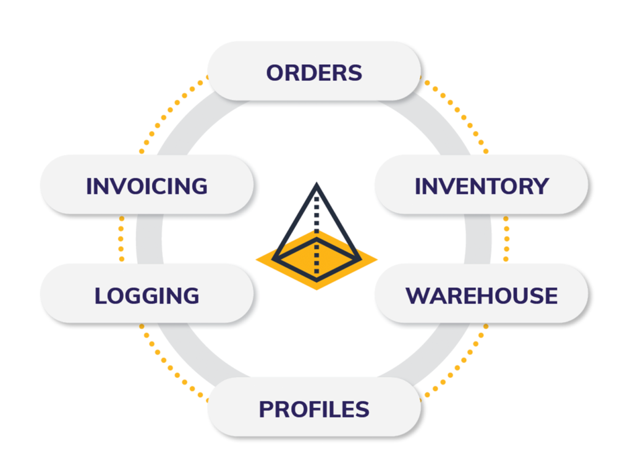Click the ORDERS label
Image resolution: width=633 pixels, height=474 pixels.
click(314, 73)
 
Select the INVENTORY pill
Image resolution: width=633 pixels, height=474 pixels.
click(482, 185)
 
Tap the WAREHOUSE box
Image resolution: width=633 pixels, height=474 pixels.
click(482, 295)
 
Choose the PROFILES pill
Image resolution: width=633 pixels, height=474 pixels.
click(314, 409)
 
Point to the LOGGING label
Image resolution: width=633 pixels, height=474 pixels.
click(147, 296)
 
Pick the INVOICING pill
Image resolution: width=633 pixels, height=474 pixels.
click(147, 186)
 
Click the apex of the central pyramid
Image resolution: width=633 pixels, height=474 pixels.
click(316, 185)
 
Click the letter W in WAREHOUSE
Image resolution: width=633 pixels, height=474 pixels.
click(417, 296)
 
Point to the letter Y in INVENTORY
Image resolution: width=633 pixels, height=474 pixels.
click(542, 186)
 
